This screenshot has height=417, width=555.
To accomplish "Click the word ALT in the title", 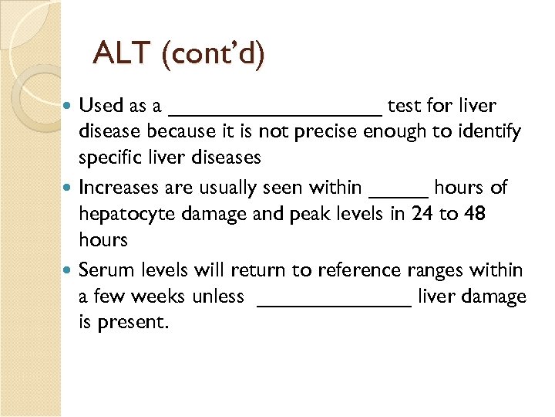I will pyautogui.click(x=123, y=53).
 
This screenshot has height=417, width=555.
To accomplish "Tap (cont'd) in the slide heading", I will pyautogui.click(x=214, y=53).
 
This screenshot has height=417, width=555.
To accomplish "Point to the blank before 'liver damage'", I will pyautogui.click(x=333, y=303).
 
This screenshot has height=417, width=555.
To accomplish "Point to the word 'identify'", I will pyautogui.click(x=492, y=132).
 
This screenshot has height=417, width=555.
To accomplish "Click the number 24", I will pyautogui.click(x=422, y=214).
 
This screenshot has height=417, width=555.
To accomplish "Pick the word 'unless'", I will pyautogui.click(x=218, y=297).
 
